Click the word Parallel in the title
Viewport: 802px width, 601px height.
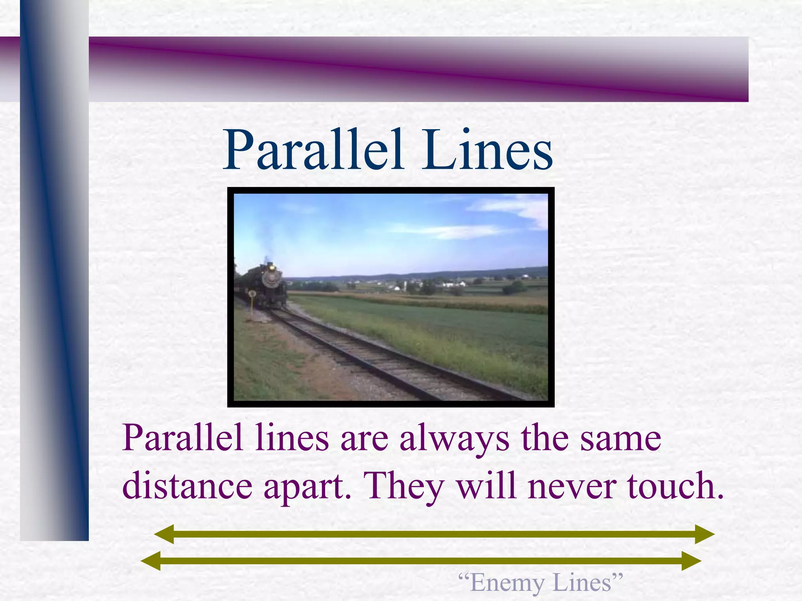[x=313, y=151]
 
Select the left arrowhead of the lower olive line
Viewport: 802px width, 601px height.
[x=151, y=561]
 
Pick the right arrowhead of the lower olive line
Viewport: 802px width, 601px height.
[x=691, y=561]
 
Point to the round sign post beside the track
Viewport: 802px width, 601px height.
[x=252, y=294]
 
